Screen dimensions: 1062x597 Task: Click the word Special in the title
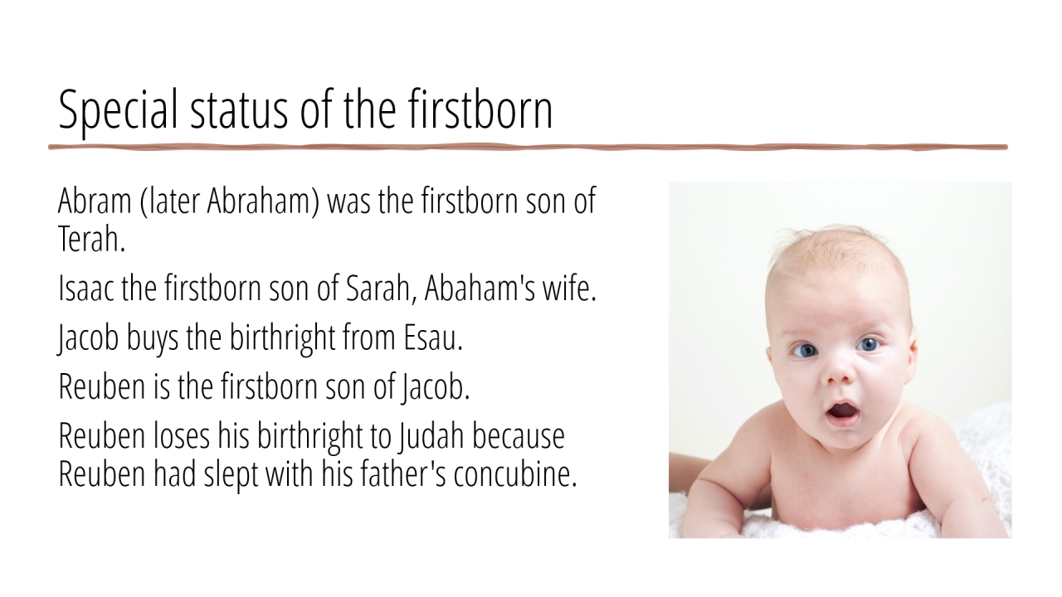(x=118, y=111)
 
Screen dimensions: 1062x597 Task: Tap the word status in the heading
(x=239, y=110)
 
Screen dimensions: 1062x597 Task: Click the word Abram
(x=95, y=201)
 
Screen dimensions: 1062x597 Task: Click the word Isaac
(x=85, y=288)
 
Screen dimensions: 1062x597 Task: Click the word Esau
(x=433, y=337)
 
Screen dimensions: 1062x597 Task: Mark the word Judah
(x=431, y=436)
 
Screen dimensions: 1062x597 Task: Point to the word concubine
(x=515, y=473)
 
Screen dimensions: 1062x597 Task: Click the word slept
(x=231, y=476)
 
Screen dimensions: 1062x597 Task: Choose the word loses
(x=181, y=436)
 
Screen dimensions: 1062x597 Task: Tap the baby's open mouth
(x=842, y=411)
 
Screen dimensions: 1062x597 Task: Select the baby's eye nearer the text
(x=804, y=351)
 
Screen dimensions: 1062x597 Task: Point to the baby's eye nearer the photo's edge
(x=869, y=344)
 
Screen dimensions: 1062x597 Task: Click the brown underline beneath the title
(x=528, y=148)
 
